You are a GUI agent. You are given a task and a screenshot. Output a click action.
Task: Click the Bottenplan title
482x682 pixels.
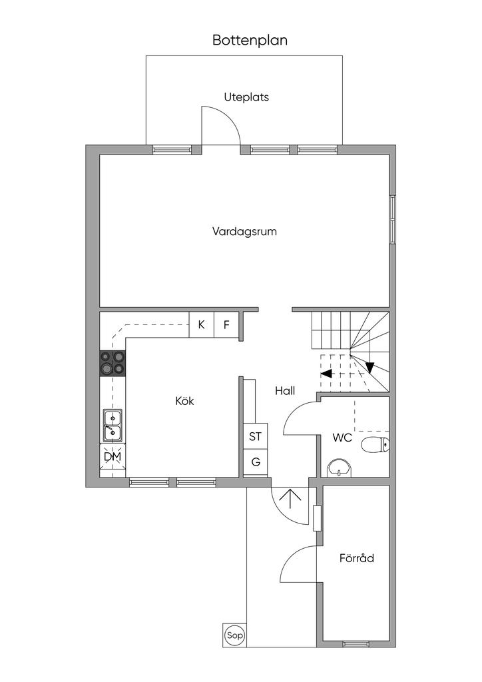(250, 41)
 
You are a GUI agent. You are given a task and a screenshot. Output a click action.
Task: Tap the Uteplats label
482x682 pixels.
(246, 97)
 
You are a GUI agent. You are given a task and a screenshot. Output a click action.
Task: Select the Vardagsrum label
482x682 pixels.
(244, 231)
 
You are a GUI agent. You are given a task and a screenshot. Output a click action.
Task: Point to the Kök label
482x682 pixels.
(184, 400)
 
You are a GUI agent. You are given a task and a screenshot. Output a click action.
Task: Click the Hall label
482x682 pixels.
(285, 390)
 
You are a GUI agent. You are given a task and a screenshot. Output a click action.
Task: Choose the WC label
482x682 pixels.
(342, 438)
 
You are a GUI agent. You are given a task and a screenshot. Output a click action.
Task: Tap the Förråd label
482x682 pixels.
(356, 558)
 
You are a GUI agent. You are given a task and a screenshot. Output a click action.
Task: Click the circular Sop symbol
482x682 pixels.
(235, 636)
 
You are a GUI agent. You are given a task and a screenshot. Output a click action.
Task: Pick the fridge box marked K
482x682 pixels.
(201, 324)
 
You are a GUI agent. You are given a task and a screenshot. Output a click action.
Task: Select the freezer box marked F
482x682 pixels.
(226, 324)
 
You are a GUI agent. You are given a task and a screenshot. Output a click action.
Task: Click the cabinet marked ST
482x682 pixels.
(255, 436)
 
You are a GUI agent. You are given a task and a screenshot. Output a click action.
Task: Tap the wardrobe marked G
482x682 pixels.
(255, 462)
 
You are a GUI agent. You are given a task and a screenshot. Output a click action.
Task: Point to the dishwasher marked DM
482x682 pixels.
(113, 457)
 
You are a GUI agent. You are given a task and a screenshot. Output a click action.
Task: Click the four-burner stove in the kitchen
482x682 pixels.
(113, 364)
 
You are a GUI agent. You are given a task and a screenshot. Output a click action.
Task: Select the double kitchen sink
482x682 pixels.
(113, 426)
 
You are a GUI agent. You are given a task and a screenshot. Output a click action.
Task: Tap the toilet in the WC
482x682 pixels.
(375, 444)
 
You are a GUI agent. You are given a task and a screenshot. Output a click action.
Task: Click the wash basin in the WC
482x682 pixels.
(340, 468)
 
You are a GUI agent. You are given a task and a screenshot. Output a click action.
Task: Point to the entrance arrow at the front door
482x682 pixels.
(290, 500)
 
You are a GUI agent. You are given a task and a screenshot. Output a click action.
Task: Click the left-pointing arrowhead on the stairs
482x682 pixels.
(326, 373)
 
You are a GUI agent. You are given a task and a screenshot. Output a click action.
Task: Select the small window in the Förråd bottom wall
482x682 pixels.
(356, 644)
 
